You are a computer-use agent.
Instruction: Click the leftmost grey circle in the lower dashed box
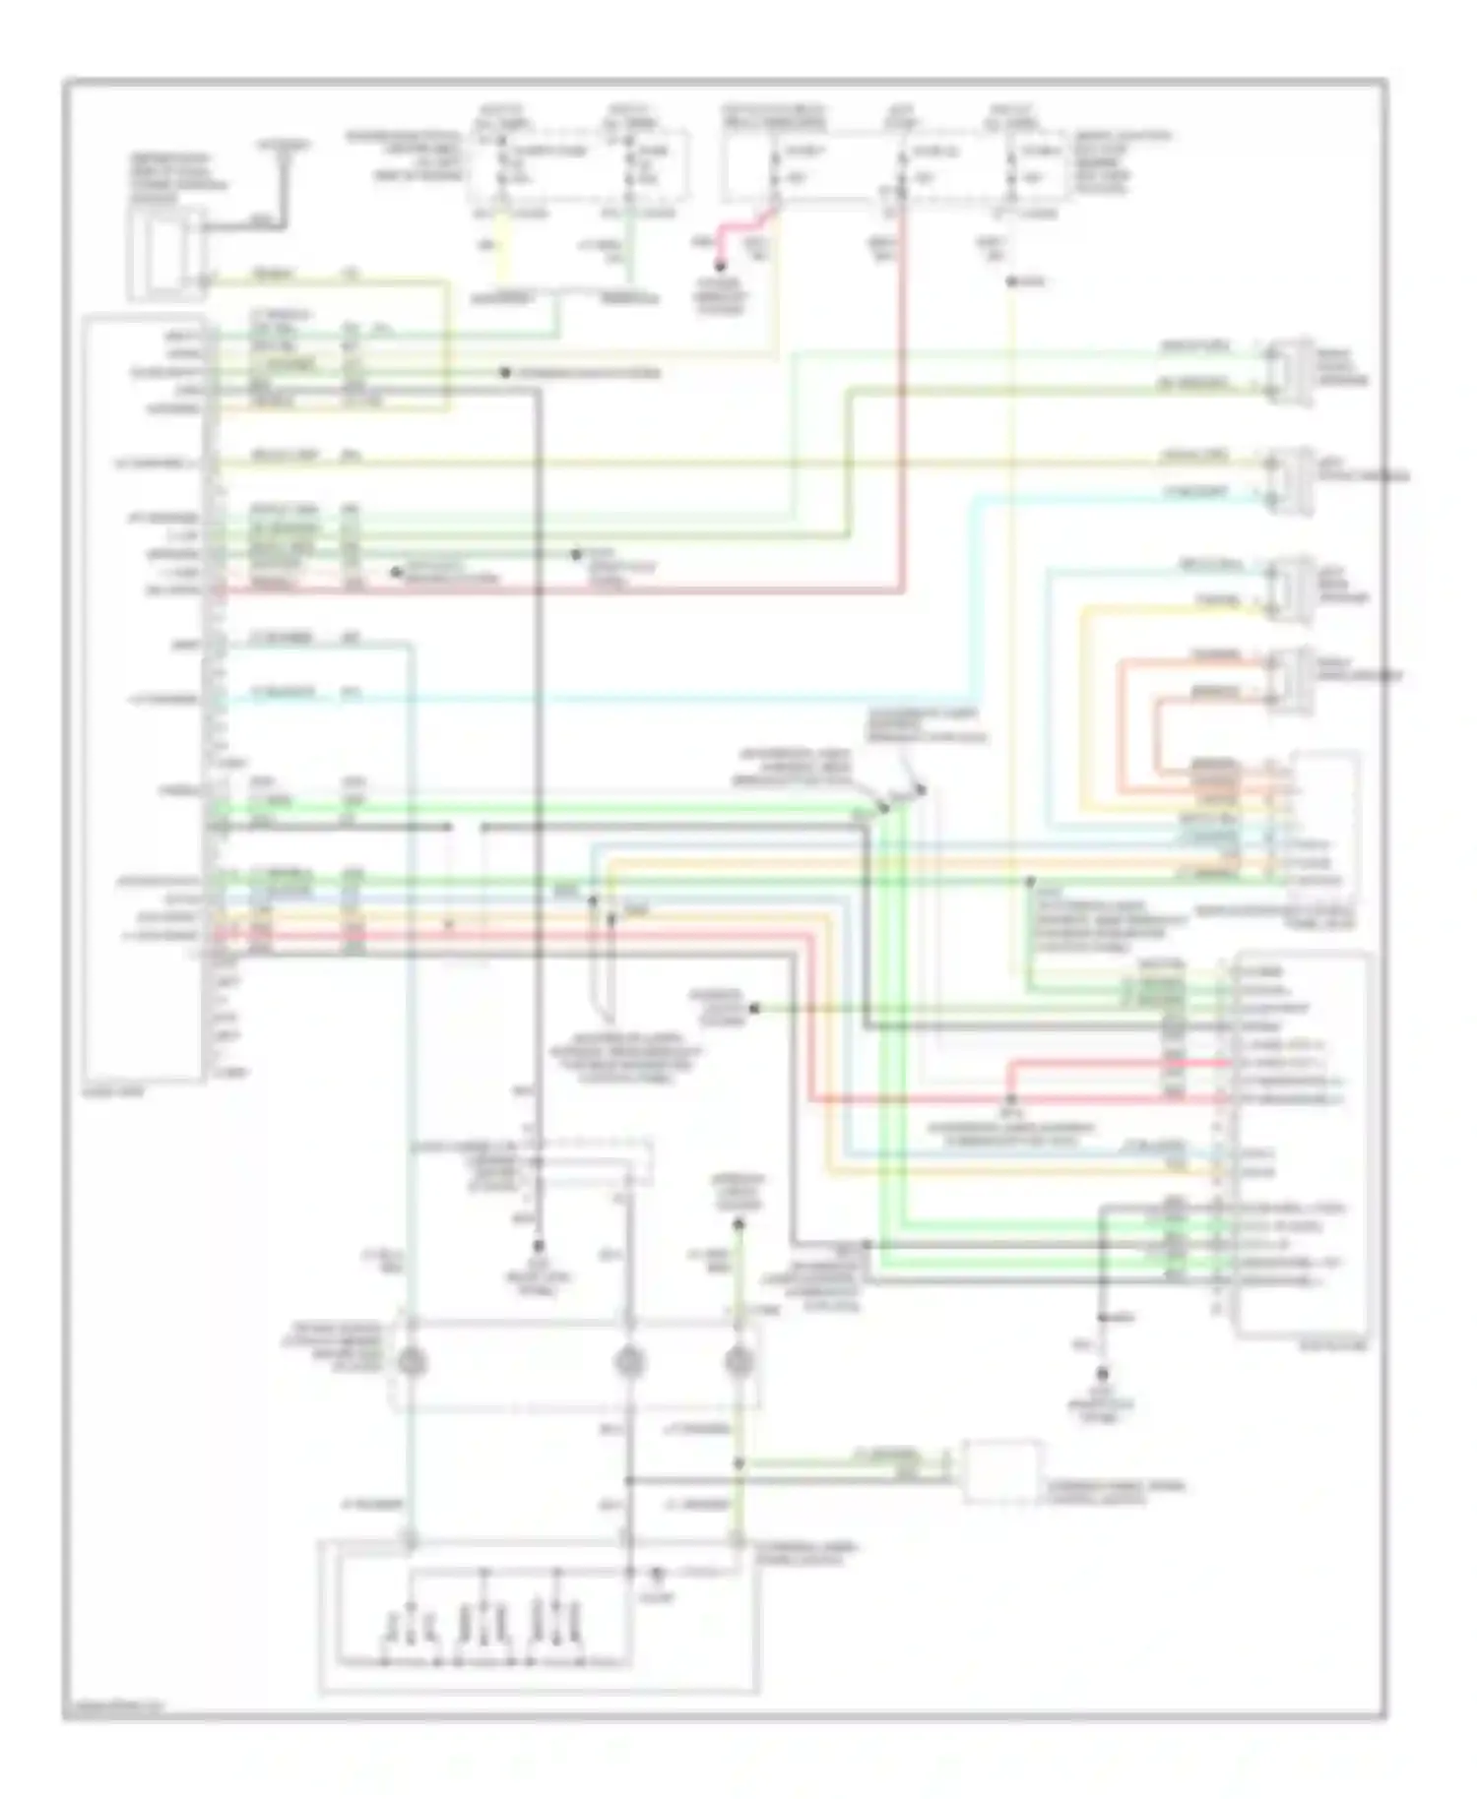411,1362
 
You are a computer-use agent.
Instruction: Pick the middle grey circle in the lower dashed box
629,1362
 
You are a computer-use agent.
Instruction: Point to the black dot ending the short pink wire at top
720,266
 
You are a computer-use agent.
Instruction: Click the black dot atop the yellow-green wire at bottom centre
738,1225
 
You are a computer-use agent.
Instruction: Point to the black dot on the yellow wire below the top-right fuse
1012,282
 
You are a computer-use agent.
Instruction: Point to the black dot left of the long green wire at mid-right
755,1008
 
